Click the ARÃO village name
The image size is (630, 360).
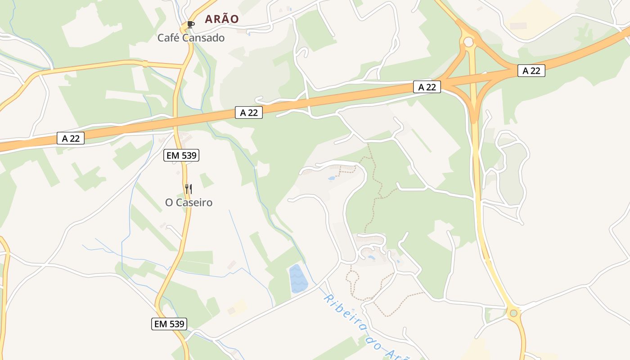(221, 19)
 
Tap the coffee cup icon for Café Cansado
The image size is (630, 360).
(190, 24)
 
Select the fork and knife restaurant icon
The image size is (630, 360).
(189, 189)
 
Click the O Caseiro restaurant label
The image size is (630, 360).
(189, 202)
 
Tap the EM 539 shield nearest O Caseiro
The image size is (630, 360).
(181, 156)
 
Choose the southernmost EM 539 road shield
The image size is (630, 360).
(169, 324)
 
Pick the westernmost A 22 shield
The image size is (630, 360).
(71, 139)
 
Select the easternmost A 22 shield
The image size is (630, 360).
(531, 71)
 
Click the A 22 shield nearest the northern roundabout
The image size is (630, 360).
(427, 87)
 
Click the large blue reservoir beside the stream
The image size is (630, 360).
(297, 278)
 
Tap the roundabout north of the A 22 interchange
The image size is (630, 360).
(468, 42)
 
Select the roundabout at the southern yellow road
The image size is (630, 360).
(513, 313)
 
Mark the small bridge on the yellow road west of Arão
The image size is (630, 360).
(145, 63)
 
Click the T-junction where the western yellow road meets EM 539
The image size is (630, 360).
(183, 66)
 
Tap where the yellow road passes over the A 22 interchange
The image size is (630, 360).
(473, 80)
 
